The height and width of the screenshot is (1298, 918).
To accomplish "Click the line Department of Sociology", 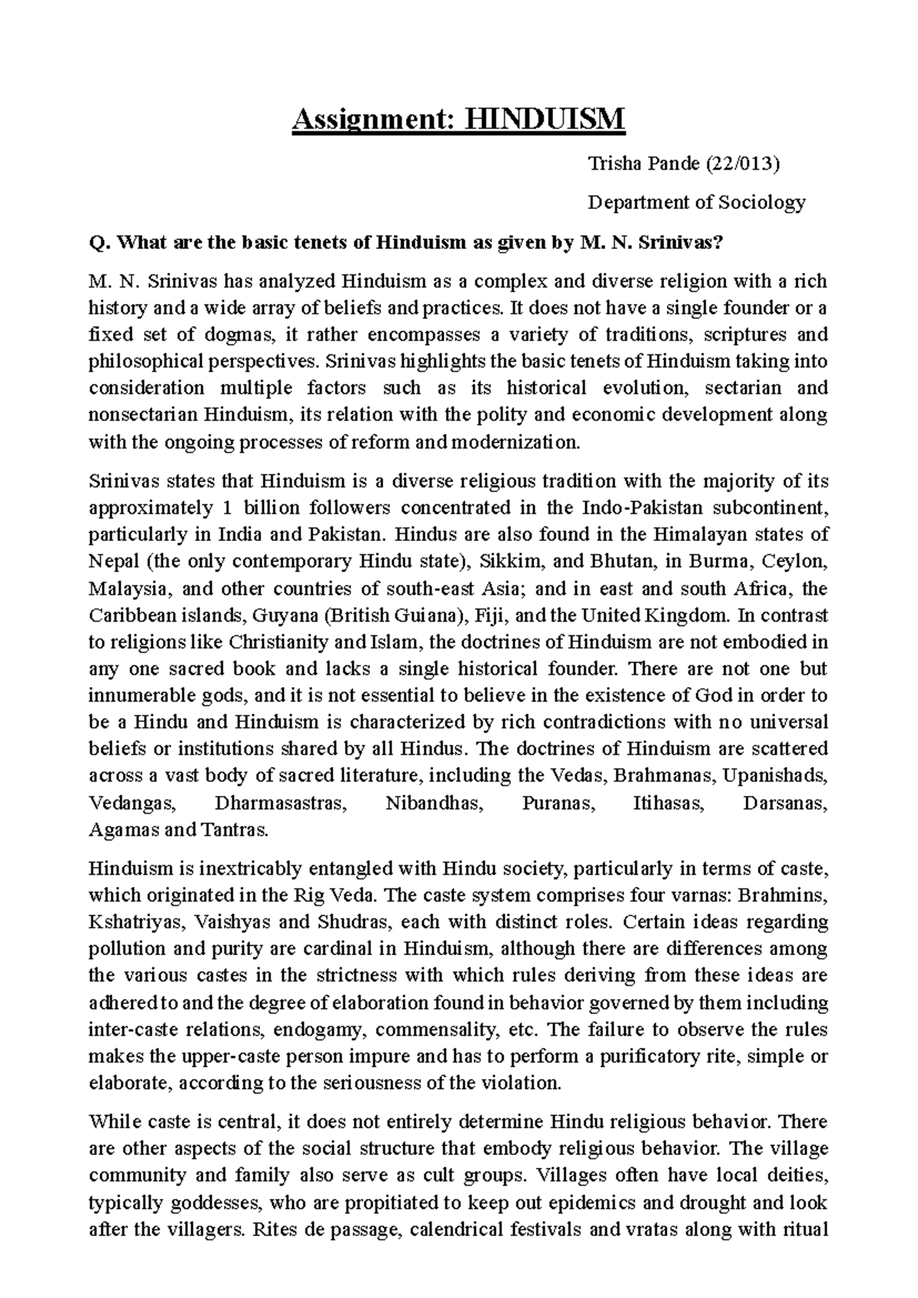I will pos(696,202).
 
